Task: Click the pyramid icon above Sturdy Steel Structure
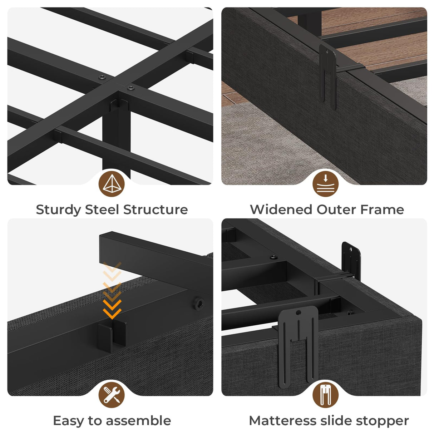pos(112,184)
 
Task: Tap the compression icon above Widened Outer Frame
pos(325,184)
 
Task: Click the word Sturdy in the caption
pos(58,210)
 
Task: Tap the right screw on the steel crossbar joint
pos(131,87)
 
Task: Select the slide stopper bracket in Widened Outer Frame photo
pos(327,75)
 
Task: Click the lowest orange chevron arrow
pos(112,314)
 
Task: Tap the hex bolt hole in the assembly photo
pos(198,302)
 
